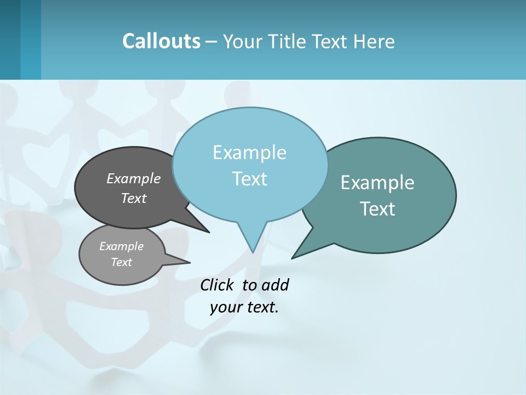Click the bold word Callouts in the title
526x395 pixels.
click(162, 41)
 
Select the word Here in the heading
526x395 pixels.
click(375, 42)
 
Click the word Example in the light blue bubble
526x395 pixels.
click(249, 153)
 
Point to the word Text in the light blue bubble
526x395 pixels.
click(249, 178)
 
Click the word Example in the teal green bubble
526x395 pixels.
click(378, 183)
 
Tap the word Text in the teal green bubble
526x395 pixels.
click(378, 209)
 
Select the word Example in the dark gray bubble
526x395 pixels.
click(134, 178)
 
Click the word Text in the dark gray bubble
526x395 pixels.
click(134, 198)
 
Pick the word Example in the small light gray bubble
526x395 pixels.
click(121, 246)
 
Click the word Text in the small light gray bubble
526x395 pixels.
click(121, 262)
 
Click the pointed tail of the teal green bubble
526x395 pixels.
click(296, 256)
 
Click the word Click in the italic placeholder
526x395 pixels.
click(218, 285)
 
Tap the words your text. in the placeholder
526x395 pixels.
click(244, 307)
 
